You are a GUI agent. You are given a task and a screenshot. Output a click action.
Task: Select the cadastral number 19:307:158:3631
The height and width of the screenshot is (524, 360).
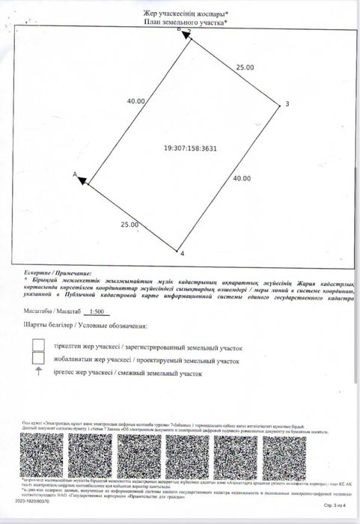191,148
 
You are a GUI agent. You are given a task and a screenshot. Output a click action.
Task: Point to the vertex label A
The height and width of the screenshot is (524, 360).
74,174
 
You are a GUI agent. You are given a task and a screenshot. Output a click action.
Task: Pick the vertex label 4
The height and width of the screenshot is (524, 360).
182,254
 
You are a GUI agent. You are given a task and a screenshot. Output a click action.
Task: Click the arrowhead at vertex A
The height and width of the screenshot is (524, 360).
83,179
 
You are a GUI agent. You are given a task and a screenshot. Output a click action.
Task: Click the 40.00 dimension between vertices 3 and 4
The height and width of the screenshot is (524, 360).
241,178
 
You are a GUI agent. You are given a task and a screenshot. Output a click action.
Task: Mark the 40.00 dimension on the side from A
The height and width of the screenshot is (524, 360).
135,100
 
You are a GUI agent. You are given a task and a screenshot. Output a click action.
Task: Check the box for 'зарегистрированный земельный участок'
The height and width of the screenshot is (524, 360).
37,345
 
